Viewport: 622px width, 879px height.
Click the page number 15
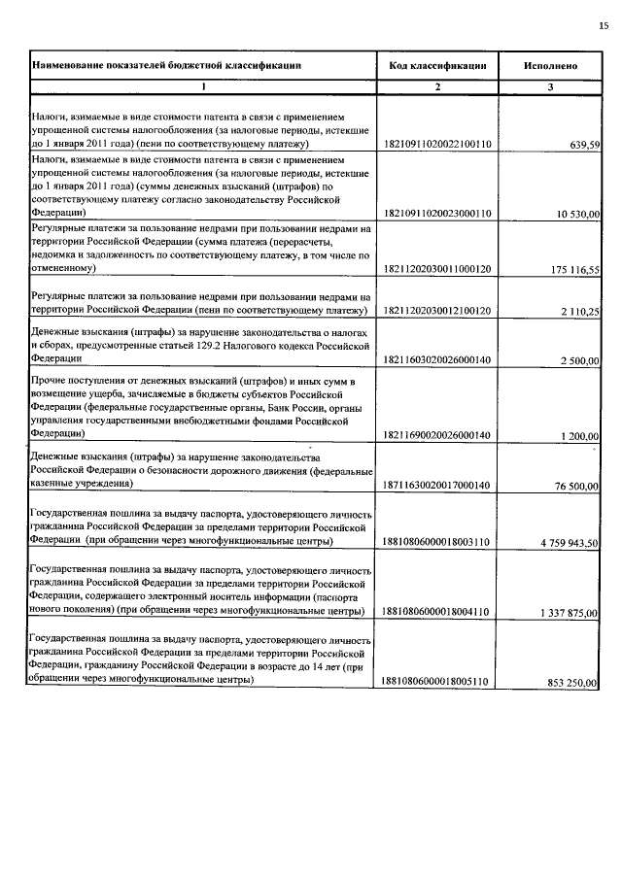[604, 25]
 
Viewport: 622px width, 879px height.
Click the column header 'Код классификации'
[437, 65]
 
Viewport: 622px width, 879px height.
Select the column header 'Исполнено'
[550, 65]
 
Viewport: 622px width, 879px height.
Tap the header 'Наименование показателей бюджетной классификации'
[166, 65]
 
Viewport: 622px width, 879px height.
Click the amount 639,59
[586, 145]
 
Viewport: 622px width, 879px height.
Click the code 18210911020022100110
[437, 144]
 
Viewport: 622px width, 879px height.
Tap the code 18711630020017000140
[437, 484]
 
